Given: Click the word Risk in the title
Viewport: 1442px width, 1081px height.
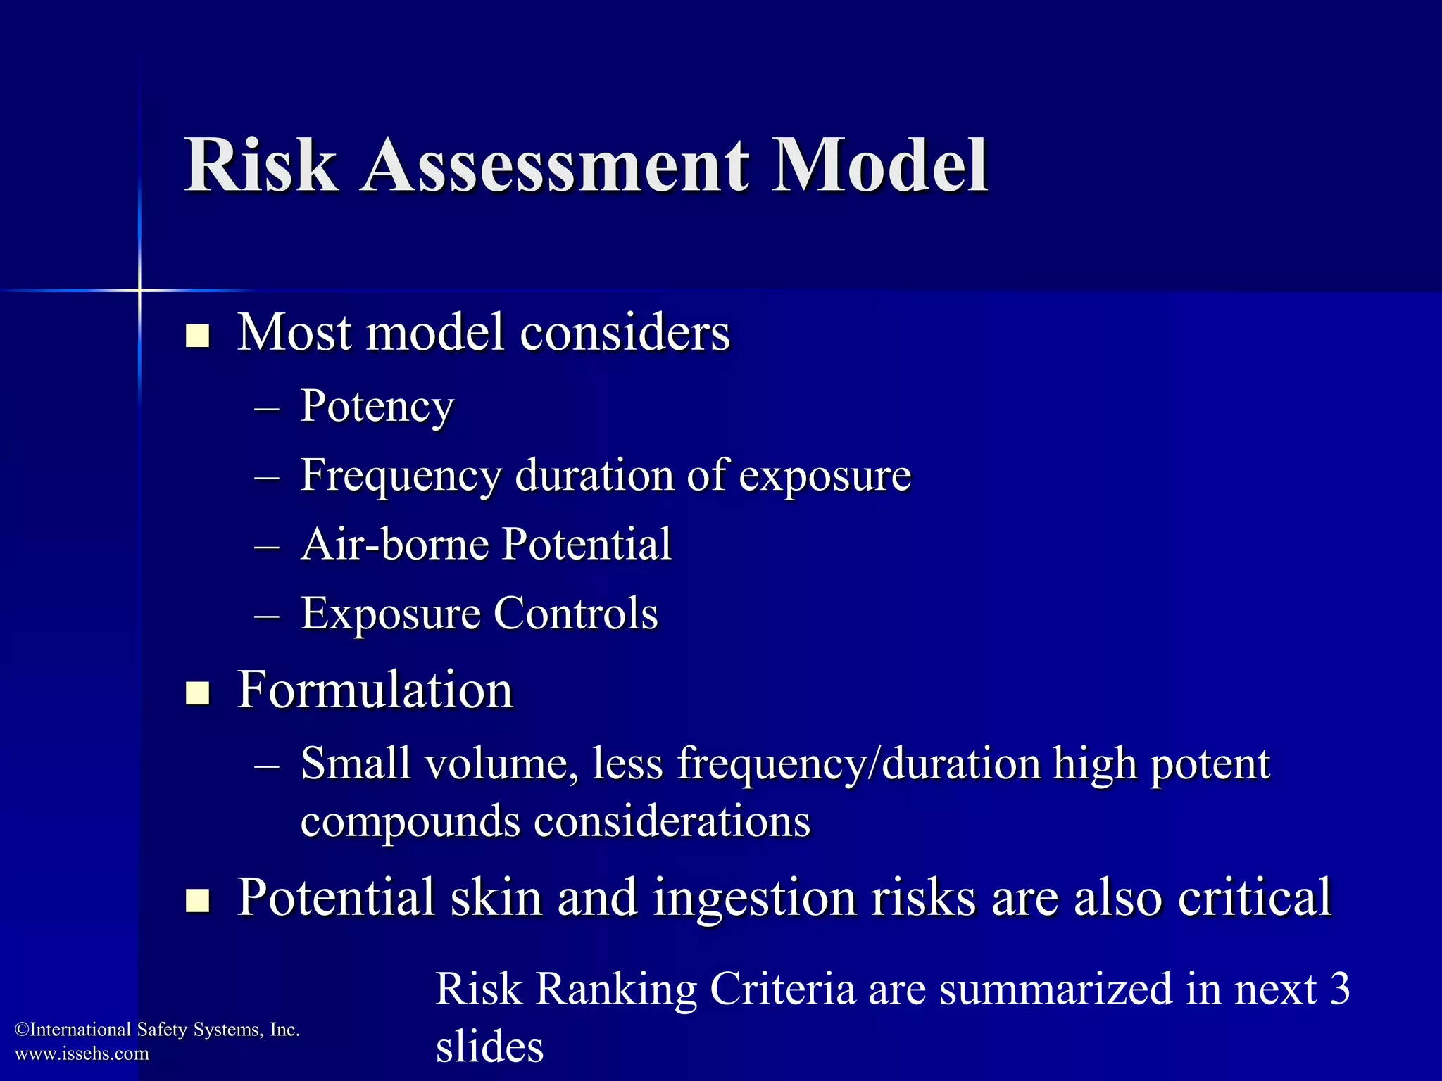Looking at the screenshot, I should pyautogui.click(x=260, y=165).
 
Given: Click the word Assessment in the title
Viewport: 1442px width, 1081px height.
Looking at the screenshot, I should pyautogui.click(x=554, y=165).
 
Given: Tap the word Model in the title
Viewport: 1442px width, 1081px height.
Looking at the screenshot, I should pyautogui.click(x=880, y=165).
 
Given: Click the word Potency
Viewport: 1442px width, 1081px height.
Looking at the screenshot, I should pyautogui.click(x=377, y=407).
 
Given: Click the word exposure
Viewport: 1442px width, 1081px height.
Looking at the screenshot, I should pyautogui.click(x=825, y=476).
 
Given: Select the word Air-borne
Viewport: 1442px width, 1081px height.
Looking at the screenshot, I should pyautogui.click(x=395, y=544).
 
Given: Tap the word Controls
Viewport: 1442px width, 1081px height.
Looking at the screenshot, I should pyautogui.click(x=575, y=613).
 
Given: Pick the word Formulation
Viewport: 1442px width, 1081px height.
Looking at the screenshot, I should pyautogui.click(x=375, y=690).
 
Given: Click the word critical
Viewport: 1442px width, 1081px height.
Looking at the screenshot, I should pyautogui.click(x=1255, y=898).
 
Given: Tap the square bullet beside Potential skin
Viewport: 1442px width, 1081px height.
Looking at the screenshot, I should pyautogui.click(x=198, y=901).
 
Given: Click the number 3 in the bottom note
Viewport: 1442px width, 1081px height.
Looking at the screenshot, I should pyautogui.click(x=1340, y=988).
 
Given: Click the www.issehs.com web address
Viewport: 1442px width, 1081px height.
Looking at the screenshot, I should pyautogui.click(x=82, y=1054).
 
